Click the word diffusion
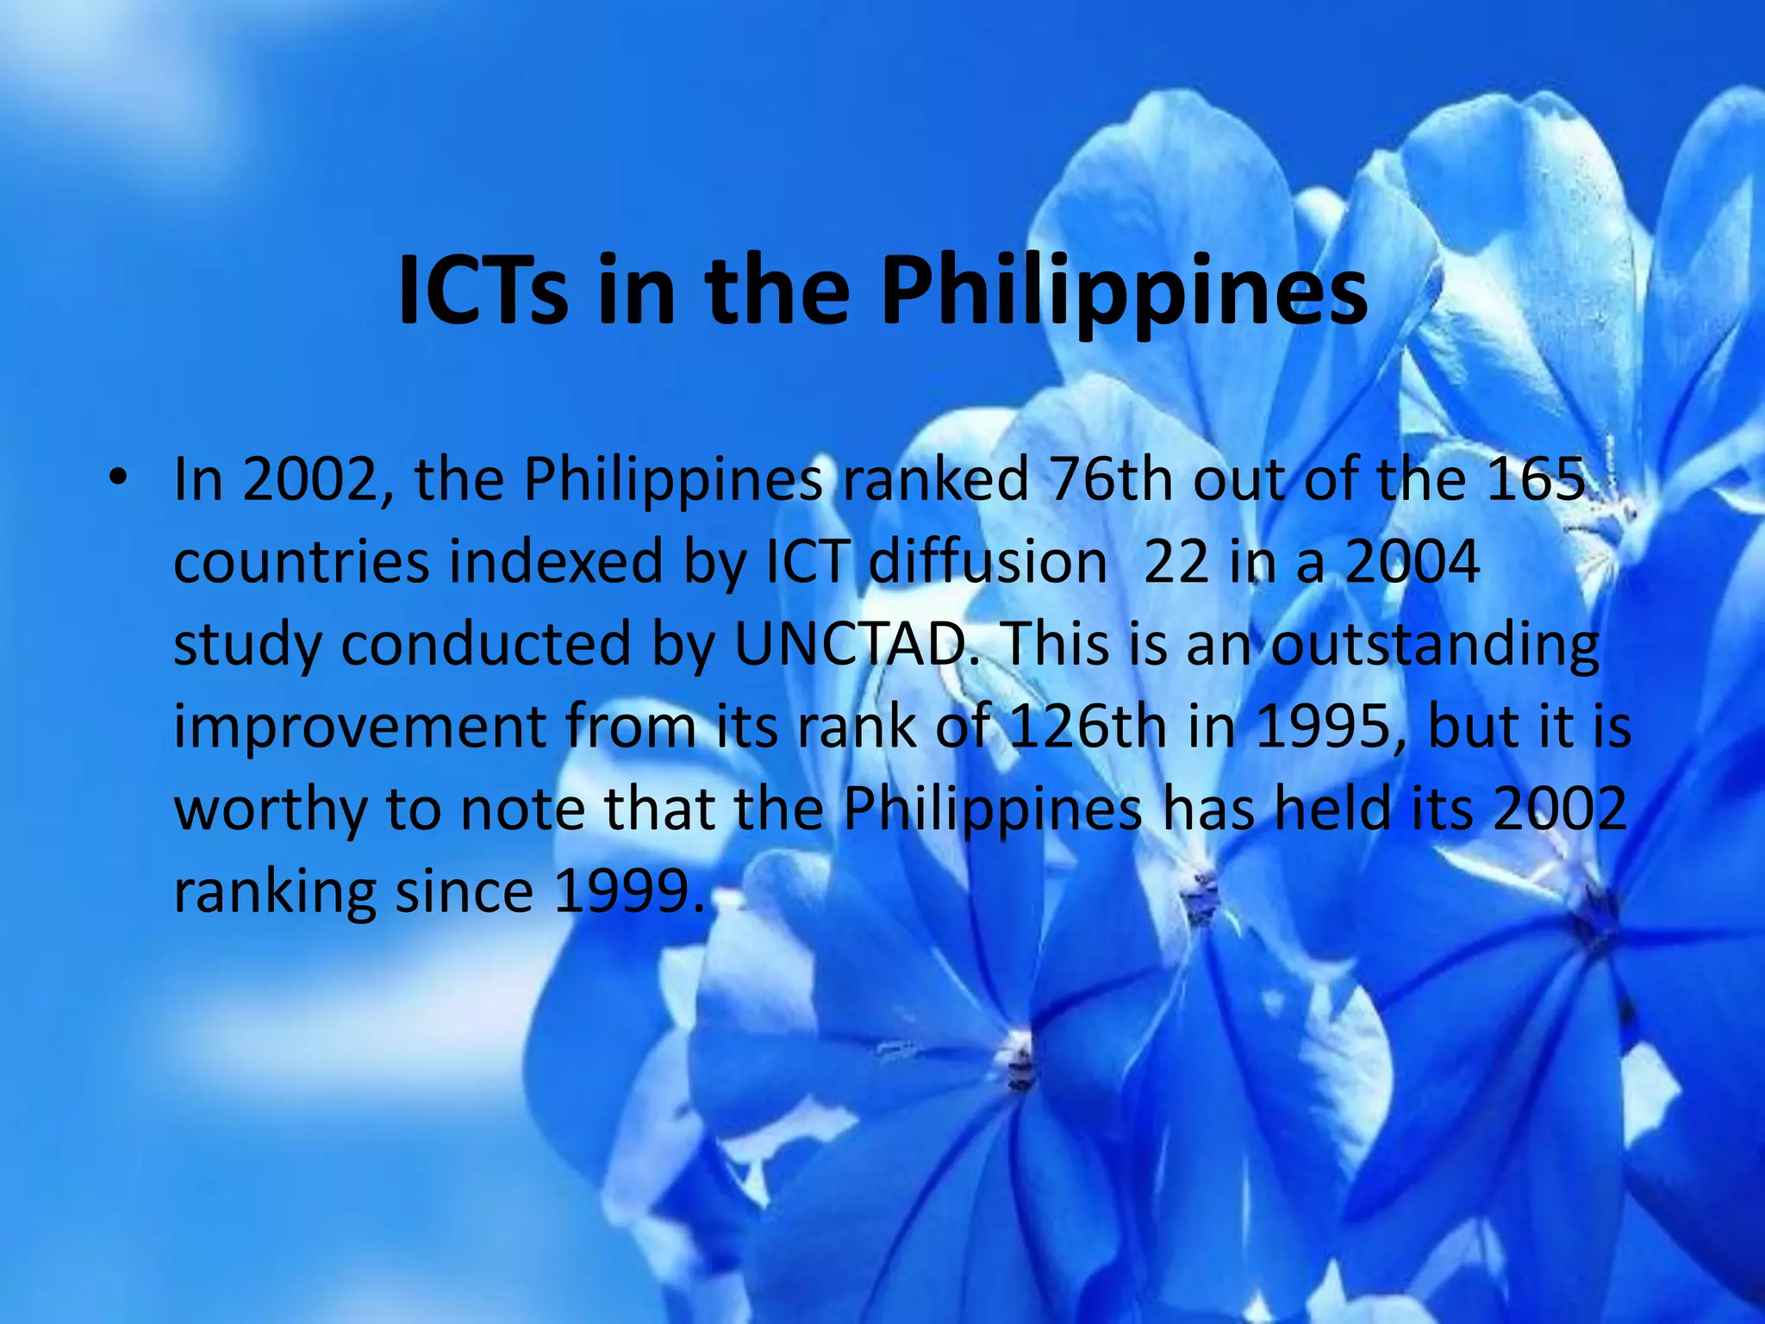988,561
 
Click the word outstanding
1435,643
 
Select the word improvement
360,726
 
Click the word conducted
486,643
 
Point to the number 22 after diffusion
1176,561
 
